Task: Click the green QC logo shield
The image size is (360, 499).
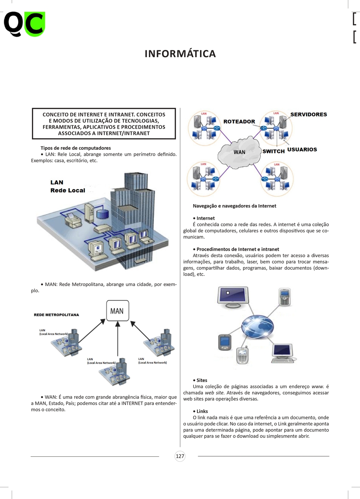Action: tap(35, 24)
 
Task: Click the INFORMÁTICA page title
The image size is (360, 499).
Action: tap(180, 54)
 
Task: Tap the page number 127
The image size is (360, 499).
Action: tap(180, 456)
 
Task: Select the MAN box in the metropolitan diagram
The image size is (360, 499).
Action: tap(118, 310)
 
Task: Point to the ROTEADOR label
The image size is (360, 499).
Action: tap(239, 122)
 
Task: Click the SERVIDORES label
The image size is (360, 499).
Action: tap(309, 115)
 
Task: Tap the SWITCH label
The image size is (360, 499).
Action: tap(274, 151)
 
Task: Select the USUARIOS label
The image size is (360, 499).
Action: tap(302, 149)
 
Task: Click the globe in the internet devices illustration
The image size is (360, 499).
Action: tap(258, 327)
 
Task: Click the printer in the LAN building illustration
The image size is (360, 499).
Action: tap(73, 219)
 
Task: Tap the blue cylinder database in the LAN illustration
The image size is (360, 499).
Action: tap(103, 213)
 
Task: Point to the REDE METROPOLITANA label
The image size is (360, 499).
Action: tap(56, 315)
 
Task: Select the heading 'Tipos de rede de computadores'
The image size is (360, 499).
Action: tap(75, 148)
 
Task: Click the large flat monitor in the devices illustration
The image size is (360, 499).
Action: tap(233, 297)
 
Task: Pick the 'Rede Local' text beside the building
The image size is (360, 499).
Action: tap(68, 190)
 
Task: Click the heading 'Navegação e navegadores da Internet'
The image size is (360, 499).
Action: tap(234, 206)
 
